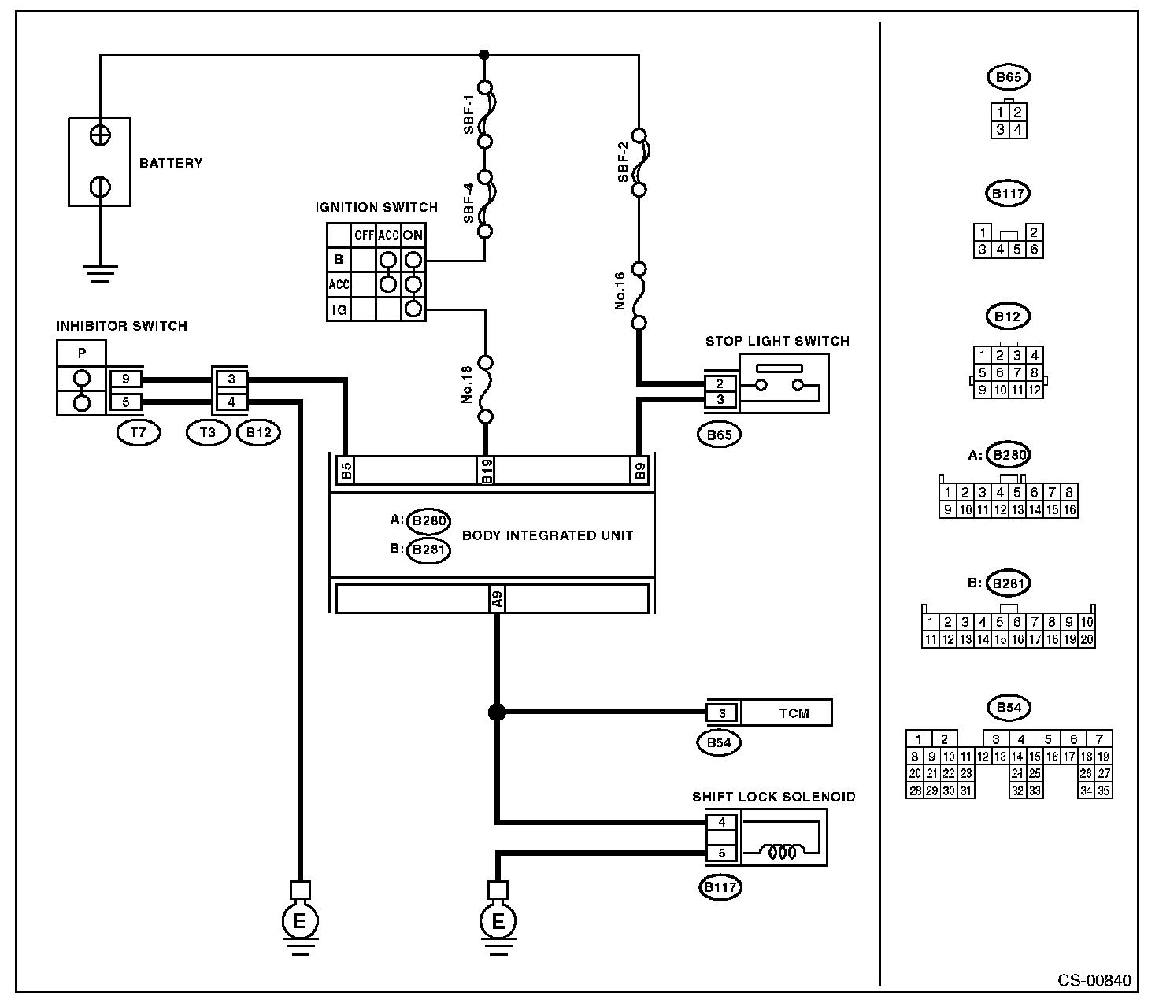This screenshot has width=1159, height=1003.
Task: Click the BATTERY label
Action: (x=170, y=163)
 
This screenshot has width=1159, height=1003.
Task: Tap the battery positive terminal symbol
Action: (x=100, y=135)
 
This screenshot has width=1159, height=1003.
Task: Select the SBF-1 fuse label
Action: (x=468, y=114)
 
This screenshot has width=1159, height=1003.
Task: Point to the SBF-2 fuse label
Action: (x=623, y=162)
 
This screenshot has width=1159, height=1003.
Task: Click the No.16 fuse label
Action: (x=620, y=291)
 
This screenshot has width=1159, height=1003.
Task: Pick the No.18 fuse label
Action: (x=467, y=385)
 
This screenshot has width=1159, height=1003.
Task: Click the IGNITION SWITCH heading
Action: (x=376, y=207)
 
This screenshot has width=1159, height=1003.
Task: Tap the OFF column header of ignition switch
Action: (x=364, y=235)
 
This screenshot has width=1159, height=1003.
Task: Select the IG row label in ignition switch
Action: (x=339, y=309)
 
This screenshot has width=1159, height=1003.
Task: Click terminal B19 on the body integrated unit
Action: (x=486, y=470)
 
